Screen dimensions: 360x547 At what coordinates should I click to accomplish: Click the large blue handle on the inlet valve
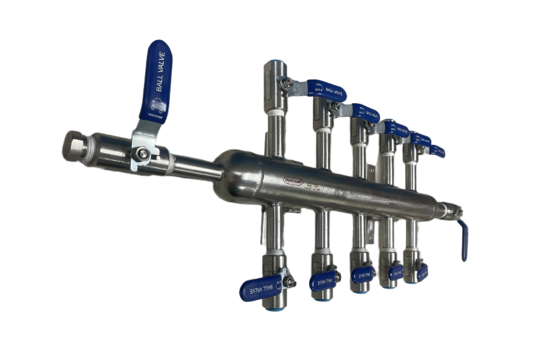155,81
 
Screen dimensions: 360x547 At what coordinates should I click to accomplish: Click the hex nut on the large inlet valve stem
140,154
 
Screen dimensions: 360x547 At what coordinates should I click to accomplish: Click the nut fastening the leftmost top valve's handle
287,83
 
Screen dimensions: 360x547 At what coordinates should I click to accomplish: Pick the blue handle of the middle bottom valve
362,274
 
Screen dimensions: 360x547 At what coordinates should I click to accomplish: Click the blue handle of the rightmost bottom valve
422,271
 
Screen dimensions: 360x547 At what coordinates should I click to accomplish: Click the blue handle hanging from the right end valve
464,241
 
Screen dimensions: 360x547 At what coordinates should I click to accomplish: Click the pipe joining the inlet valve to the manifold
196,169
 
